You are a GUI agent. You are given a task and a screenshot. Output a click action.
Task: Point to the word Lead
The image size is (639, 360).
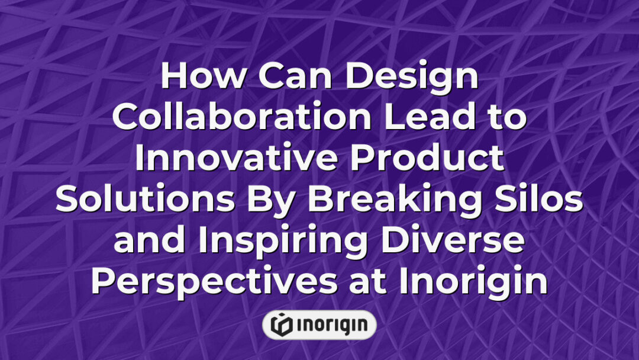pyautogui.click(x=422, y=118)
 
